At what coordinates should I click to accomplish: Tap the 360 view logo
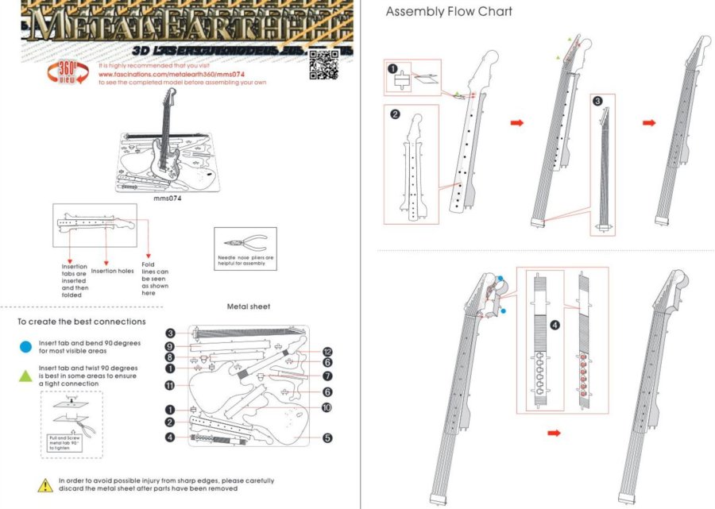tap(73, 72)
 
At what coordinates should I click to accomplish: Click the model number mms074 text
tap(168, 199)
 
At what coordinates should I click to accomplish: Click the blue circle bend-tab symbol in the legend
tap(27, 347)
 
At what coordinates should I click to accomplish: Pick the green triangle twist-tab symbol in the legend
tap(27, 372)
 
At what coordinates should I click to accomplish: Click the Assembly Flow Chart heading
tap(449, 11)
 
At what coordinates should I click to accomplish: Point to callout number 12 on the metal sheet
tap(327, 352)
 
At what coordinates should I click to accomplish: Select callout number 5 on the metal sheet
tap(327, 437)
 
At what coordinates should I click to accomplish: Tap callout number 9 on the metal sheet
tap(170, 346)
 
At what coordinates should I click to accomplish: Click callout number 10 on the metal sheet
tap(327, 407)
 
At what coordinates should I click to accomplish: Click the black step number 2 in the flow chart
tap(395, 114)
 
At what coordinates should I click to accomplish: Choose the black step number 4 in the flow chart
tap(555, 324)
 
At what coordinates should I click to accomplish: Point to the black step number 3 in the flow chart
tap(597, 101)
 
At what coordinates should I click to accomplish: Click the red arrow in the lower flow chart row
tap(555, 433)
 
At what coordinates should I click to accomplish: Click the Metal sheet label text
tap(249, 306)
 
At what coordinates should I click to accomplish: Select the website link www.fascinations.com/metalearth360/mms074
tap(157, 74)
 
